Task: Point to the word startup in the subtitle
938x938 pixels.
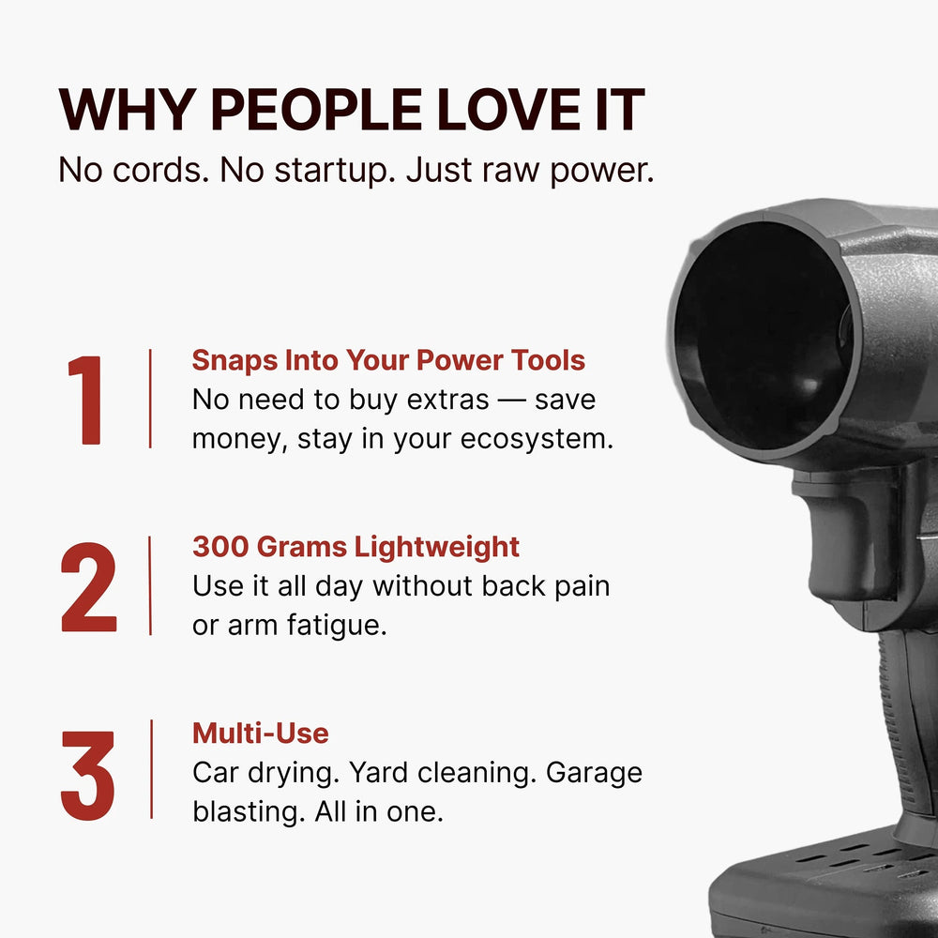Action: pos(325,171)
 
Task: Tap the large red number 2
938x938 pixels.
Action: pos(89,586)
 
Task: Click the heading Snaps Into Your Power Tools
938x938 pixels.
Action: pos(388,360)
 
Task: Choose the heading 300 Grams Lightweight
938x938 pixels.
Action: pos(356,546)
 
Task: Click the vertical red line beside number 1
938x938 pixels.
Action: pos(150,399)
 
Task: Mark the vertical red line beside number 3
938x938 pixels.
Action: pos(150,769)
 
